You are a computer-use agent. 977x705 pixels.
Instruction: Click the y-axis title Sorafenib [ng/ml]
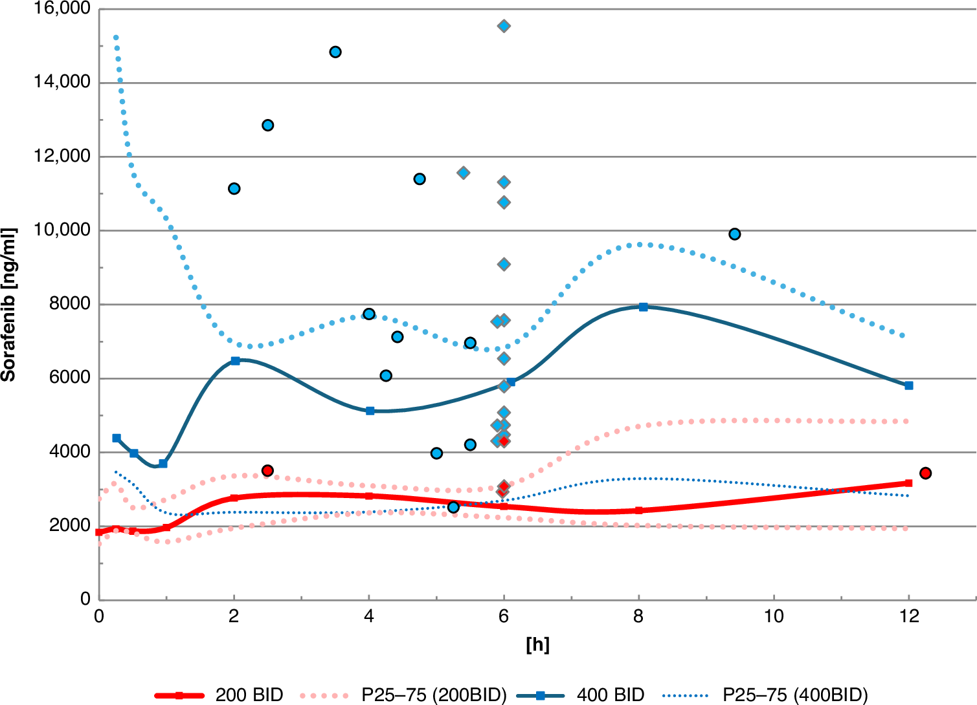tap(8, 305)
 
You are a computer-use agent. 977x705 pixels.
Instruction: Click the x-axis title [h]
tap(537, 644)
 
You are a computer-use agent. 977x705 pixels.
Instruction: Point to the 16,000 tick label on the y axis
tap(62, 9)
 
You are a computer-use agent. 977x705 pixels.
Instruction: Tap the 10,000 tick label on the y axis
tap(62, 230)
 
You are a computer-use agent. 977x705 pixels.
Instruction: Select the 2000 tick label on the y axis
tap(69, 526)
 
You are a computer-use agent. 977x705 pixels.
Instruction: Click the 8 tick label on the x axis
tap(638, 616)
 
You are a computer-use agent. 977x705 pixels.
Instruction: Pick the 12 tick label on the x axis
tap(909, 616)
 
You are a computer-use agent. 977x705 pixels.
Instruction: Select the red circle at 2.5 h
tap(267, 470)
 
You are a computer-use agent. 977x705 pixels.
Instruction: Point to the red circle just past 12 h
tap(925, 473)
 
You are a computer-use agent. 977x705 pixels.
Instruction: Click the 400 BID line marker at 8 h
tap(643, 307)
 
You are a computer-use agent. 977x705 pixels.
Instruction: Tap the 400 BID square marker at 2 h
tap(235, 360)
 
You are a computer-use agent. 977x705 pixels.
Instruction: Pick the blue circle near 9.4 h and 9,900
tap(734, 233)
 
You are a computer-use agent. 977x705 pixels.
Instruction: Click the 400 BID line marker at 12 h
tap(909, 385)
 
